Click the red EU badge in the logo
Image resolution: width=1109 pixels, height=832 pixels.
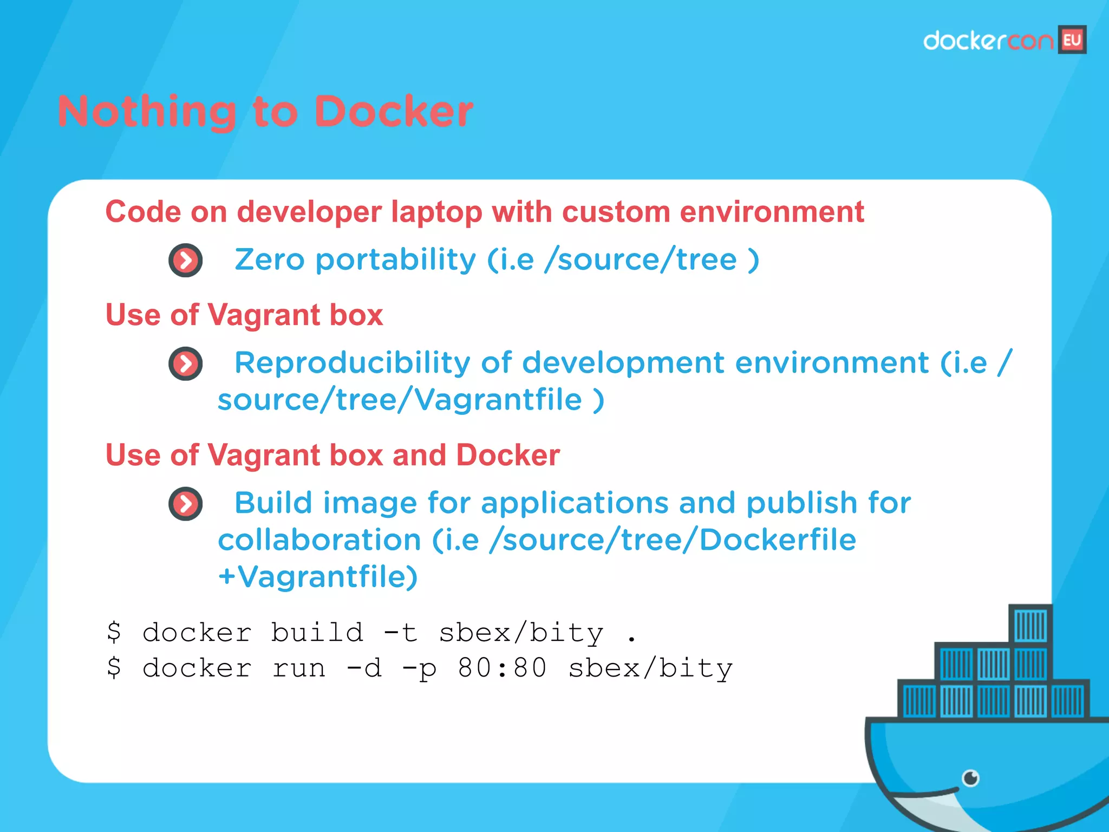pos(1072,40)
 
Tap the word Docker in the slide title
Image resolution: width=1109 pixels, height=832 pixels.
pos(394,112)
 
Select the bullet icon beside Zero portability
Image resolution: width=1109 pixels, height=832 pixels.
pos(186,261)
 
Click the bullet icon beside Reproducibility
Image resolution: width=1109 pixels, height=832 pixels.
pos(186,364)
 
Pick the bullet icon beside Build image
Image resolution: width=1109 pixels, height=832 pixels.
pos(186,504)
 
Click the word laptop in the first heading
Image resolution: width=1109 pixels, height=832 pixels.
pos(436,212)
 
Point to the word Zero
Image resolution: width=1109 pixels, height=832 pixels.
pos(269,260)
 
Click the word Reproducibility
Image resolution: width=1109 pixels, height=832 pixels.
pos(353,363)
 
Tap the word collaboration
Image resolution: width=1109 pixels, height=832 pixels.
pos(319,540)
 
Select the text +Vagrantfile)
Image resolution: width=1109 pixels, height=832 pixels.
pos(318,577)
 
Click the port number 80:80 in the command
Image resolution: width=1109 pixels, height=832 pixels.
pos(502,668)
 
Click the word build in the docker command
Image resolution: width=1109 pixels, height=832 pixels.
pos(317,633)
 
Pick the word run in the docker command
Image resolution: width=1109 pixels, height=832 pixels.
pos(299,668)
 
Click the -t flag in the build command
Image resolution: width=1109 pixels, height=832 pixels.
pos(401,633)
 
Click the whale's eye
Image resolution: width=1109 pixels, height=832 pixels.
pos(970,778)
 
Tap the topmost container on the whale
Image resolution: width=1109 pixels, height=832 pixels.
pos(1030,625)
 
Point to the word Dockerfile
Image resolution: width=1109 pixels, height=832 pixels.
pos(778,540)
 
